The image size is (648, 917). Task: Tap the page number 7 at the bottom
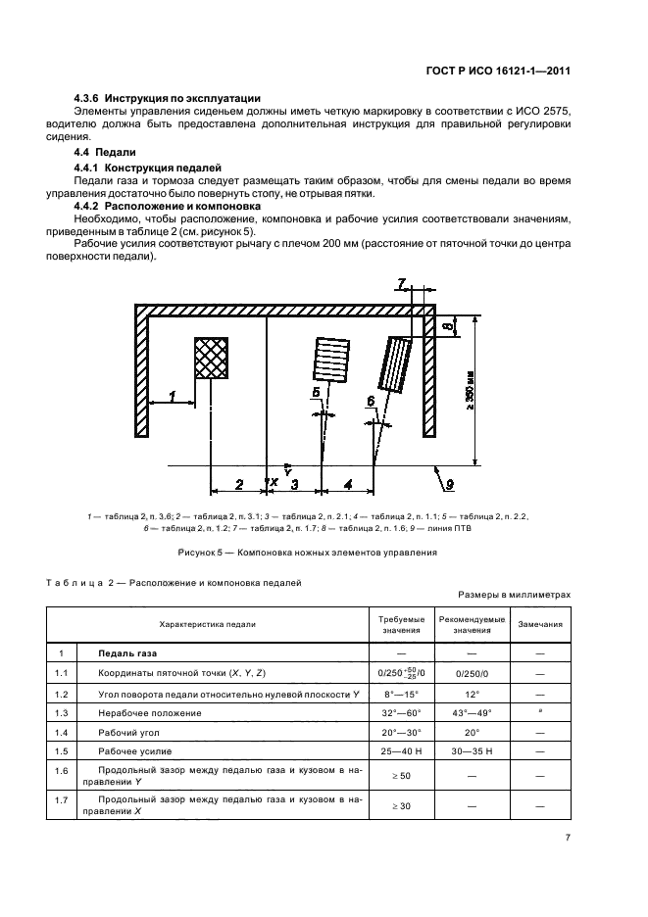tap(568, 839)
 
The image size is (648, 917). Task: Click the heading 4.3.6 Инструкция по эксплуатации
tap(168, 98)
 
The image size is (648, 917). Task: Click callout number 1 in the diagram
tap(173, 397)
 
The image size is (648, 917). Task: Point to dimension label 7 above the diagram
tap(402, 285)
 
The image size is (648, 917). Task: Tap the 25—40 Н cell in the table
tap(402, 751)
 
